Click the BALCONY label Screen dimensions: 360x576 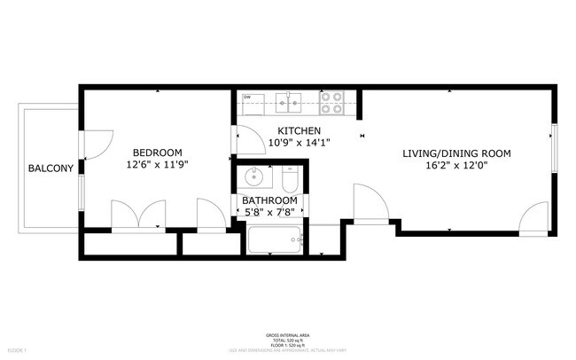pos(50,168)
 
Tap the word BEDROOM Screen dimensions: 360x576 pos(158,152)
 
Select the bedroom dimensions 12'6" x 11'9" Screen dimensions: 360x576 pos(158,164)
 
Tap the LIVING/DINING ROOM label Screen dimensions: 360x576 pos(456,153)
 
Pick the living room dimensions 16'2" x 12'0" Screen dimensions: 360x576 pos(456,165)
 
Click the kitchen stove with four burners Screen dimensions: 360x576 pos(332,104)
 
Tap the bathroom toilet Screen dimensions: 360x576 pos(289,181)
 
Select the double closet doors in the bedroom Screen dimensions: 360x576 pos(139,215)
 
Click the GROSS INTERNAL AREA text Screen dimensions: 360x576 pos(288,335)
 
